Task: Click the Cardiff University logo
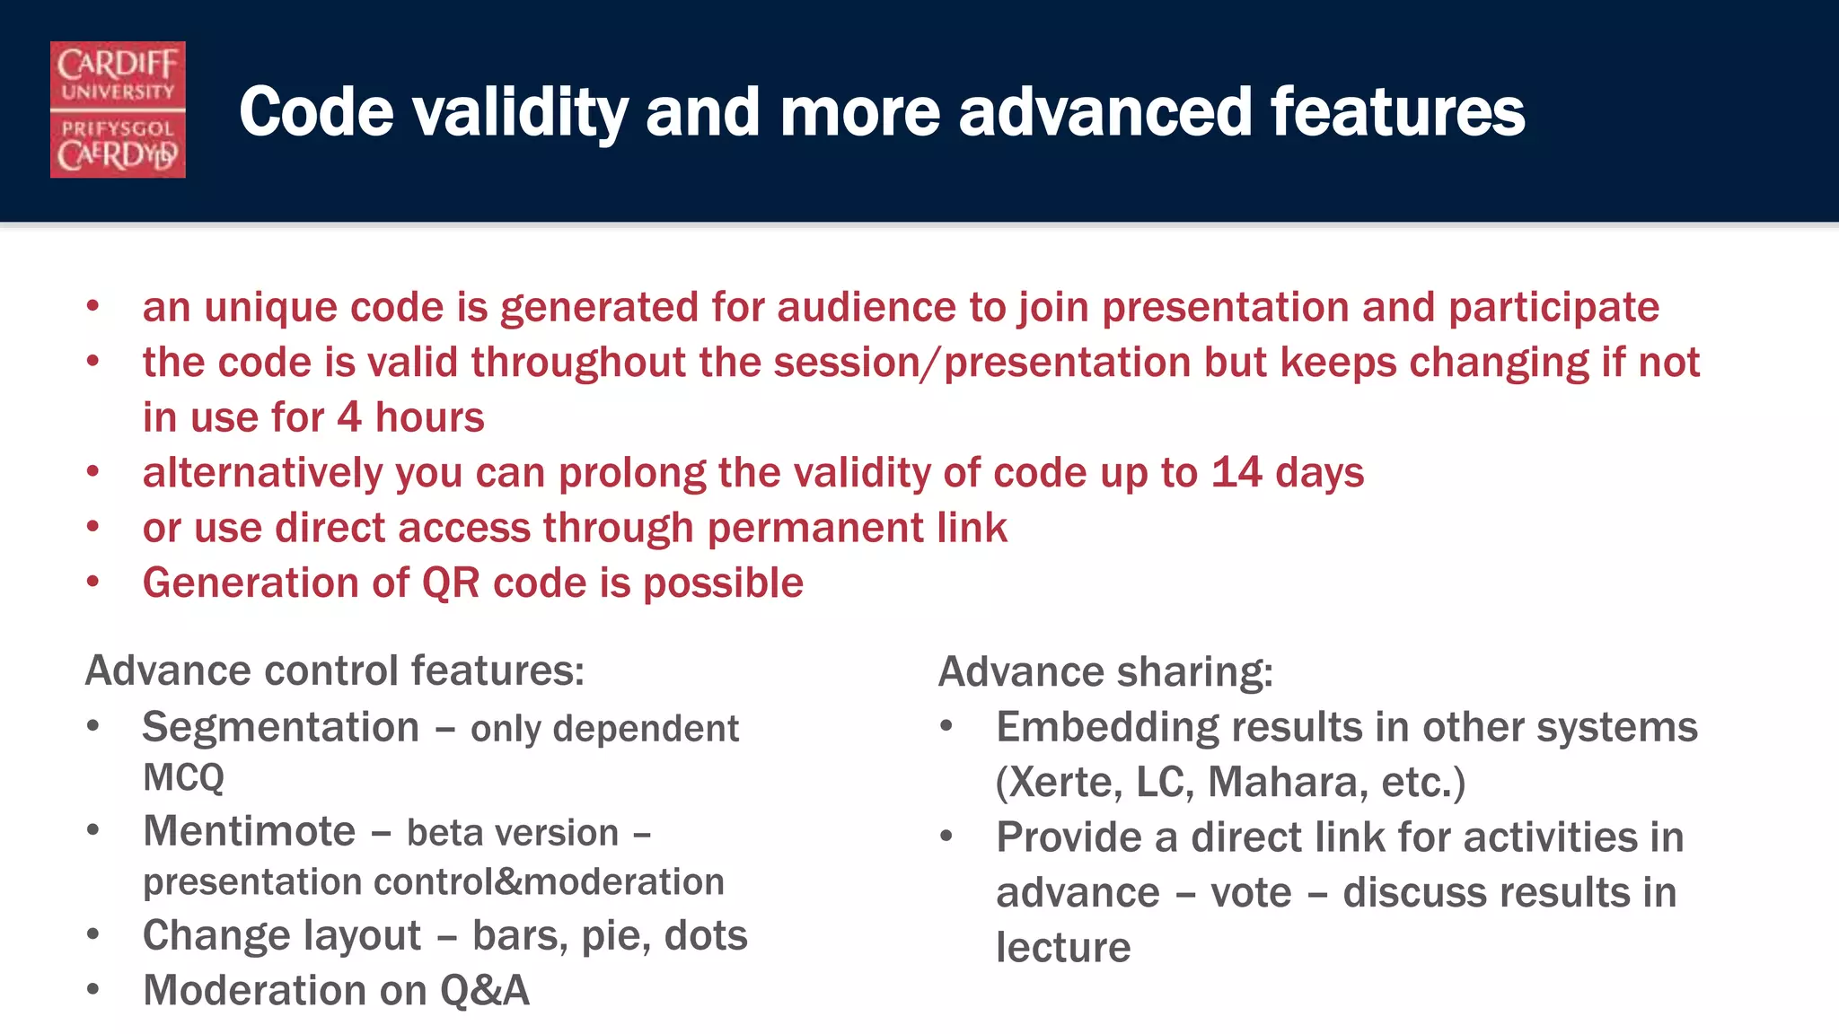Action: pyautogui.click(x=118, y=110)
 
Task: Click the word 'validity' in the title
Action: pyautogui.click(x=520, y=113)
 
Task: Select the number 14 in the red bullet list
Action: pyautogui.click(x=1236, y=473)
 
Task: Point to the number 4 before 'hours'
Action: pyautogui.click(x=349, y=418)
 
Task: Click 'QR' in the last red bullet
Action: pyautogui.click(x=451, y=583)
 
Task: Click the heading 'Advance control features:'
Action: pyautogui.click(x=334, y=671)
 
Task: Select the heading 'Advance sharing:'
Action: pyautogui.click(x=1105, y=672)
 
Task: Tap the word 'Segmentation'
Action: pyautogui.click(x=280, y=727)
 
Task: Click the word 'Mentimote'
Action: pyautogui.click(x=250, y=831)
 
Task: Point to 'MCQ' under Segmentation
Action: pyautogui.click(x=183, y=777)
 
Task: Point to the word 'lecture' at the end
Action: pyautogui.click(x=1063, y=948)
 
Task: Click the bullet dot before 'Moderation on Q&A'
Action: pyautogui.click(x=93, y=989)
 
